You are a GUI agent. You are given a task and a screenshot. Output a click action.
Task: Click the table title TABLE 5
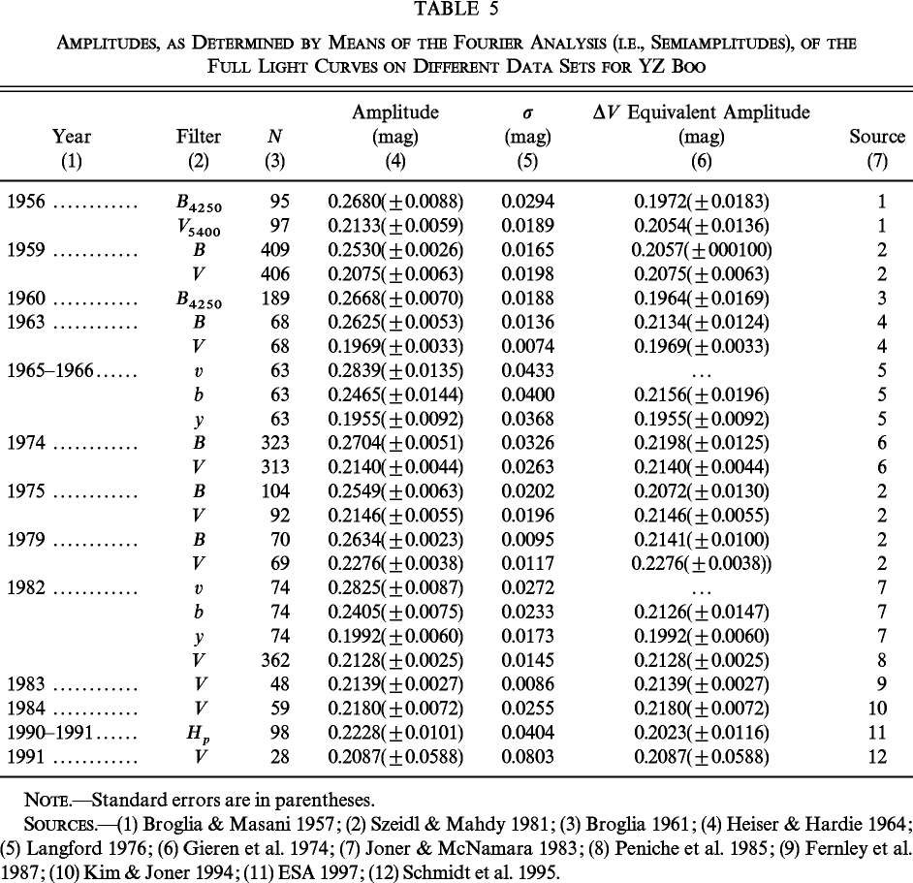[x=456, y=12]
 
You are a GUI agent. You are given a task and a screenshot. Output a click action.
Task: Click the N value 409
[x=277, y=251]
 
